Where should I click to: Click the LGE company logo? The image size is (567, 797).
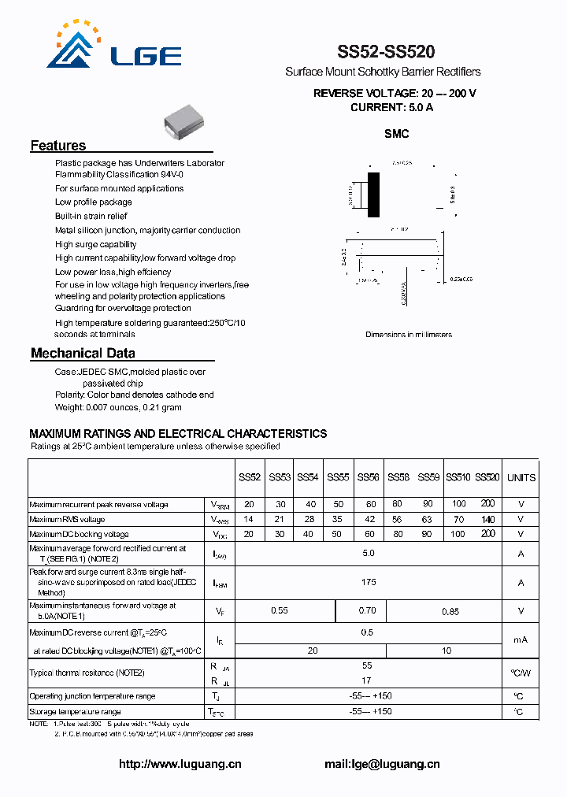click(114, 48)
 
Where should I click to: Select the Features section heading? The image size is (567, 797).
click(58, 146)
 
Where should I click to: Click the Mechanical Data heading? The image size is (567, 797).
click(83, 354)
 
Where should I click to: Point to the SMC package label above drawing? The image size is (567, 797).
click(396, 134)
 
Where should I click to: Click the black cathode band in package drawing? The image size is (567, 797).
click(374, 193)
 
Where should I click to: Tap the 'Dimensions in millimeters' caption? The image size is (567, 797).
click(408, 335)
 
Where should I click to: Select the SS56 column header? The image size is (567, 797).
click(368, 477)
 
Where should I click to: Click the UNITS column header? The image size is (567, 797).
click(521, 477)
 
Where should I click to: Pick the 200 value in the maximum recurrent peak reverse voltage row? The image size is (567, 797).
click(487, 504)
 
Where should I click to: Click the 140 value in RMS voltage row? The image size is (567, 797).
click(487, 519)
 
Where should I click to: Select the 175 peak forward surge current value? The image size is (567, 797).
click(368, 582)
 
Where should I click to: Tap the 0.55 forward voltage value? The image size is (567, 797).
click(279, 610)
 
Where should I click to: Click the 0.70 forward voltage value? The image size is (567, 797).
click(367, 610)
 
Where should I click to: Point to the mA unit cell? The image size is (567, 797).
click(521, 639)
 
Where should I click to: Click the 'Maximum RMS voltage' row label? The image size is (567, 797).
click(67, 520)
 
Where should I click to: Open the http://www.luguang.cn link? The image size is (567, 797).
click(180, 764)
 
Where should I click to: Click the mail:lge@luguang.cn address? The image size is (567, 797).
click(382, 764)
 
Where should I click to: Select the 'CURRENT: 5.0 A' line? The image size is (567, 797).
click(391, 107)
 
